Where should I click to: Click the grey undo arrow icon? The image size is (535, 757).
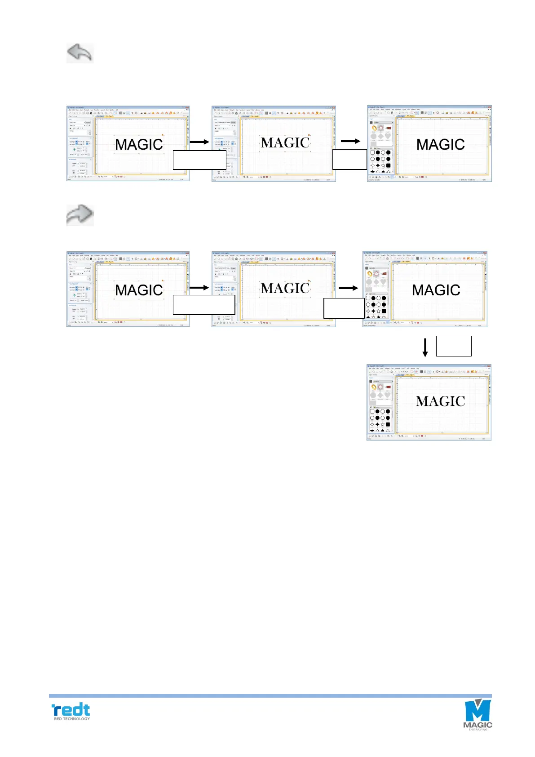(x=80, y=53)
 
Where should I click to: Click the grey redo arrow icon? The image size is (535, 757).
(x=80, y=215)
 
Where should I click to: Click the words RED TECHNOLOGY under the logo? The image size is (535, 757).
(x=72, y=719)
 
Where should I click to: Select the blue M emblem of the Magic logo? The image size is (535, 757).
(x=477, y=710)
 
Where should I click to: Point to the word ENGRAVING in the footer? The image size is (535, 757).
(x=478, y=729)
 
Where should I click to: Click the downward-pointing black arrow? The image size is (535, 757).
(x=425, y=347)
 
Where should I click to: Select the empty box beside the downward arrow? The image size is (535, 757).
(x=454, y=346)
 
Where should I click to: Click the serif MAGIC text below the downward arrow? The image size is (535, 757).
(x=440, y=401)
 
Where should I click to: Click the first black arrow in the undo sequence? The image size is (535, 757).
(x=199, y=142)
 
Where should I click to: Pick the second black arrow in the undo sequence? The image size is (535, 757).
(x=350, y=141)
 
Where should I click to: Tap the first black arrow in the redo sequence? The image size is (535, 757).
(x=199, y=287)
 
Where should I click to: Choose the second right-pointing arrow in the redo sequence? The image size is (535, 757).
(x=348, y=288)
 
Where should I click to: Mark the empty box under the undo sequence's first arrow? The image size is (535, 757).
(x=199, y=160)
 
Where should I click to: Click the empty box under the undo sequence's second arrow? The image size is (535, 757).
(x=349, y=159)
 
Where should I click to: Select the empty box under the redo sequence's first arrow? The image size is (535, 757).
(x=204, y=305)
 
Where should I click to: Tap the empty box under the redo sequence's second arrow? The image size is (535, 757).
(x=344, y=308)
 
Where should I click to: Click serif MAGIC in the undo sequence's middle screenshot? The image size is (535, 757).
(x=285, y=143)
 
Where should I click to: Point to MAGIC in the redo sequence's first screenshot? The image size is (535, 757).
(x=139, y=290)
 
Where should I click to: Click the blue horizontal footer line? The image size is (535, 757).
(x=270, y=695)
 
